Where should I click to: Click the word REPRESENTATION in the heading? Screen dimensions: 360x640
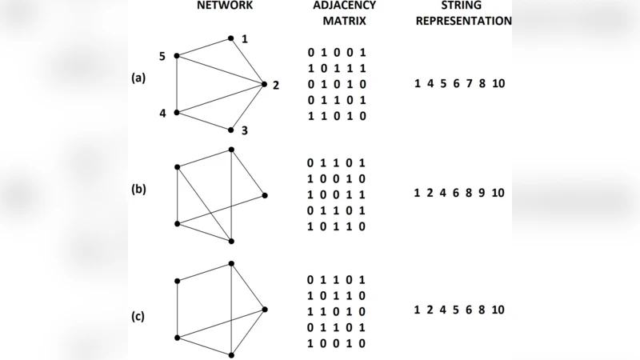[464, 21]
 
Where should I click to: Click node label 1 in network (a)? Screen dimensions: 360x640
[245, 39]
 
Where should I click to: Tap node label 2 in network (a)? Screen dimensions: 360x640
[275, 86]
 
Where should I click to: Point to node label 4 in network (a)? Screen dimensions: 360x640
[162, 113]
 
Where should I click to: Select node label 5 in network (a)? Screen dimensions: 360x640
[162, 56]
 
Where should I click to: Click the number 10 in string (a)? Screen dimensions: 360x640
[498, 83]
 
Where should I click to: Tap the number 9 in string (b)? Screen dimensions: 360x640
[481, 193]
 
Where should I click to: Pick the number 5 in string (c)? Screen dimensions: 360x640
[454, 310]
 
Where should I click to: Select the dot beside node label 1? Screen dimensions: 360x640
[230, 38]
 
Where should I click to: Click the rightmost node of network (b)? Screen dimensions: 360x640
[264, 195]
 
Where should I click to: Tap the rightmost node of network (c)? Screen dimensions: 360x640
[264, 308]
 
